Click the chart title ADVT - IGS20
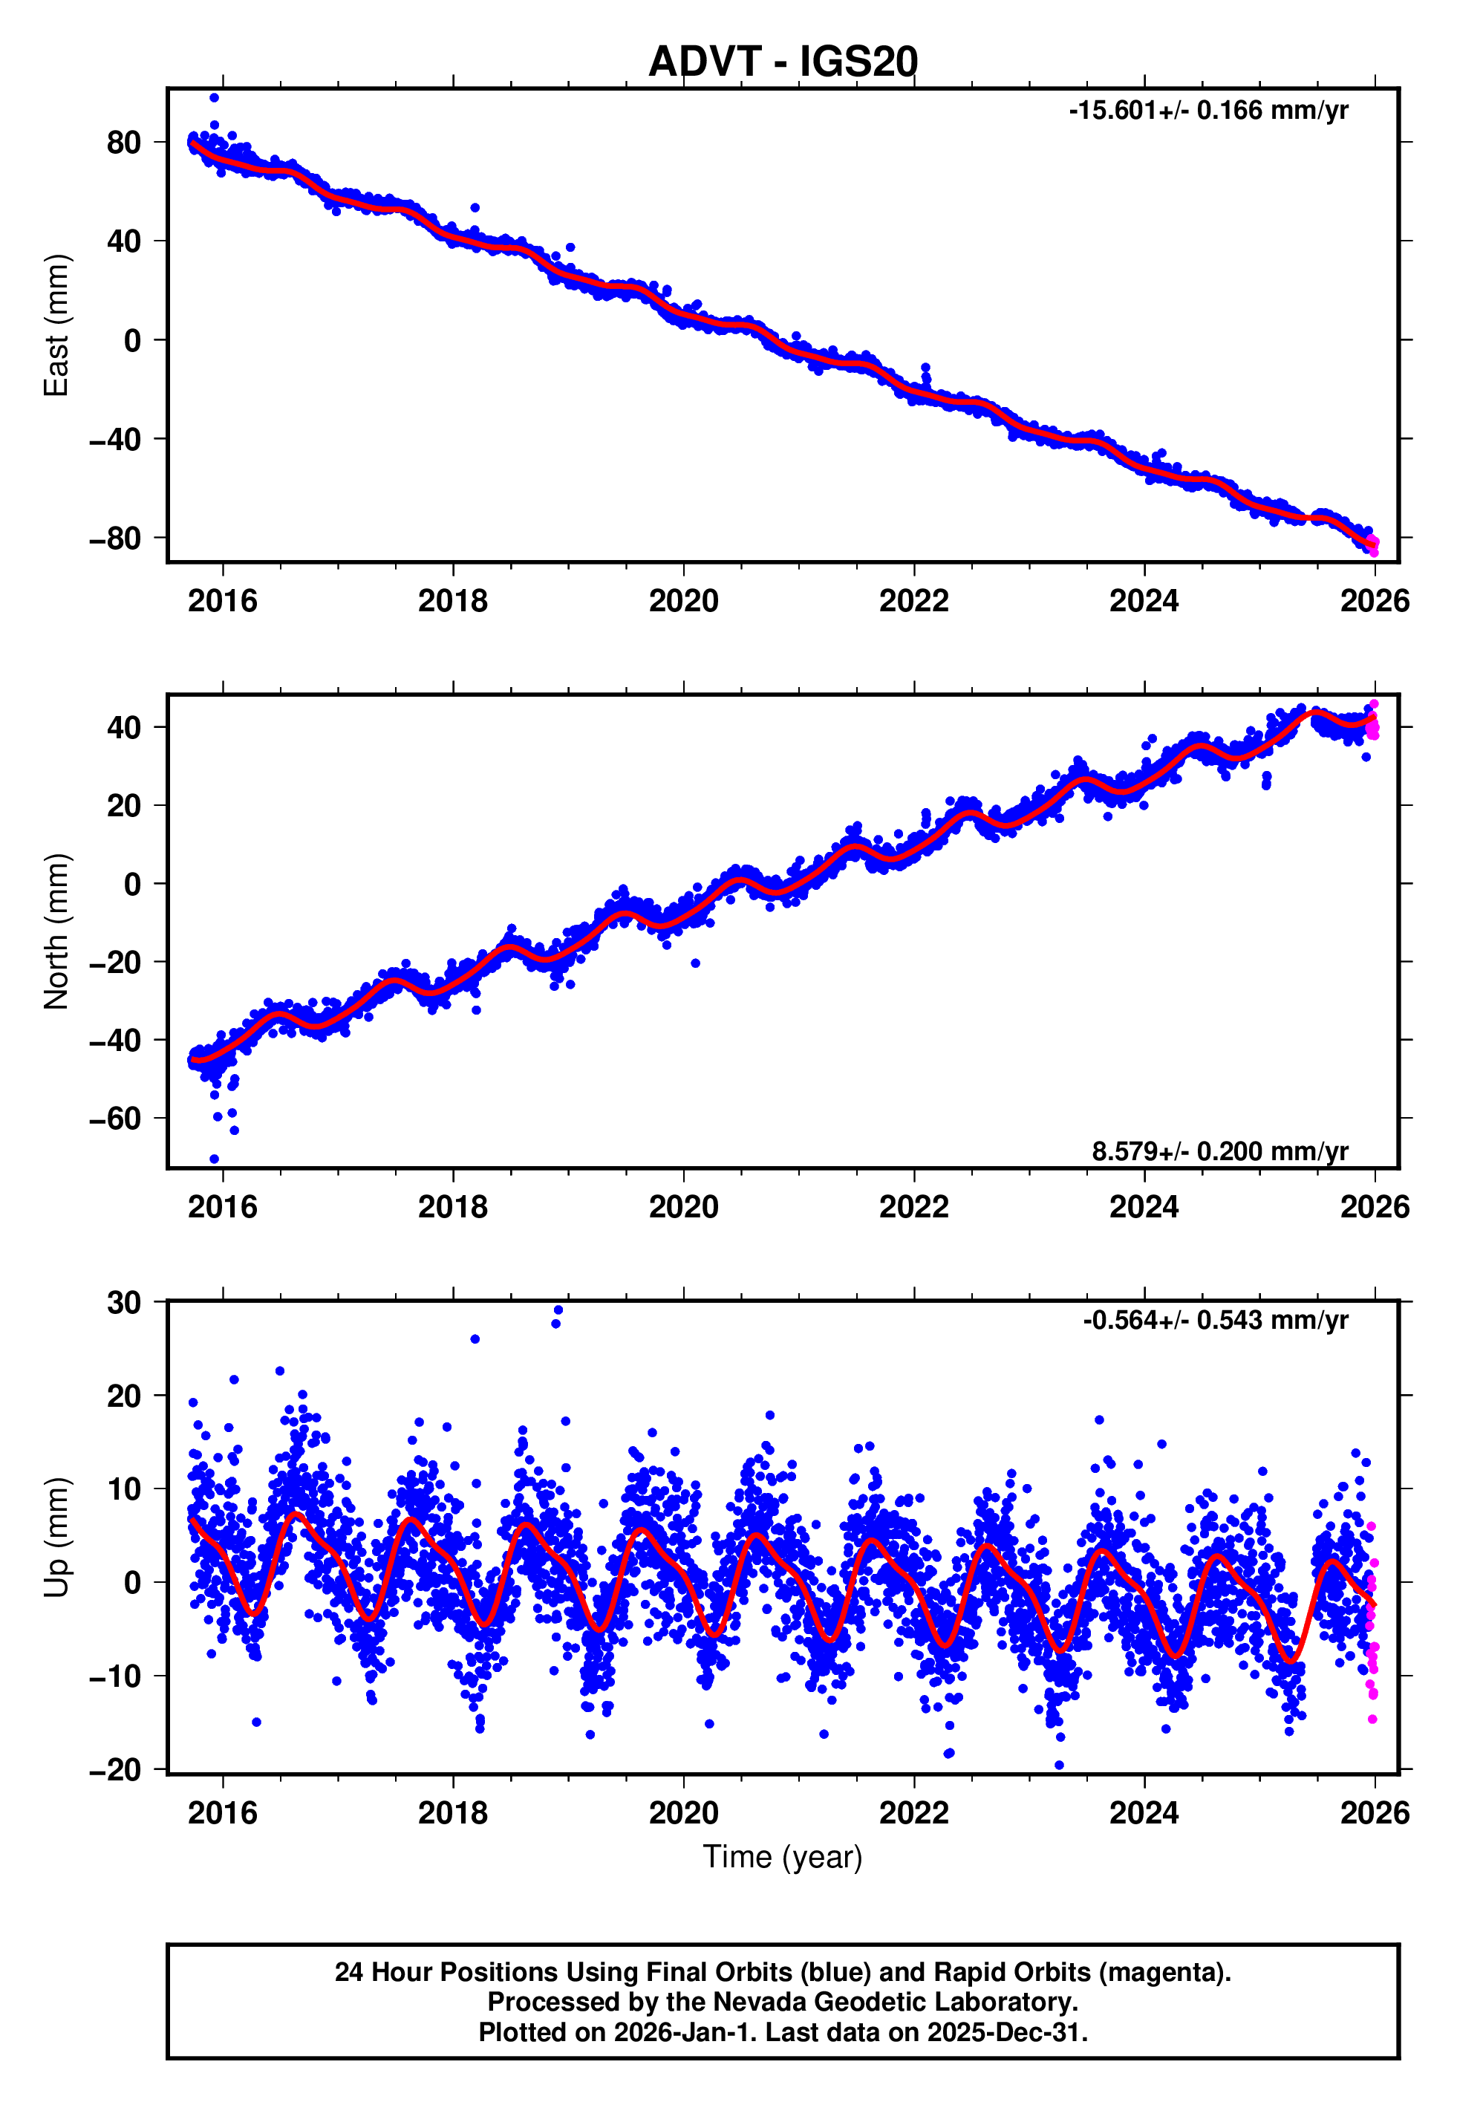click(783, 62)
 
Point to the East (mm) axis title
click(56, 325)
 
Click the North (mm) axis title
click(56, 931)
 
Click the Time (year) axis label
click(783, 1857)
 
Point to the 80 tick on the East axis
click(124, 143)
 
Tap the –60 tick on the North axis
click(115, 1118)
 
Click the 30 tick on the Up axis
click(124, 1303)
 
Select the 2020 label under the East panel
click(683, 601)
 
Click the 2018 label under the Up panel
click(453, 1812)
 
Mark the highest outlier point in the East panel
click(214, 97)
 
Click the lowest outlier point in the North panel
click(214, 1159)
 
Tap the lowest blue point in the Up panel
click(1059, 1766)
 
